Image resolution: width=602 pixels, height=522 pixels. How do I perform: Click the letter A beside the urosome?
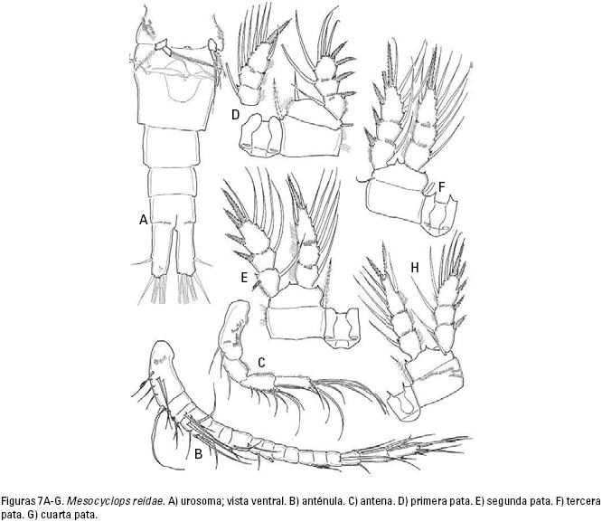click(x=143, y=220)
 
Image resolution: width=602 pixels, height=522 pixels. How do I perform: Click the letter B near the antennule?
click(x=198, y=454)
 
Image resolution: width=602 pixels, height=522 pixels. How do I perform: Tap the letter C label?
click(x=261, y=363)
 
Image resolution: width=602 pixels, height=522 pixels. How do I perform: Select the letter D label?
click(x=235, y=114)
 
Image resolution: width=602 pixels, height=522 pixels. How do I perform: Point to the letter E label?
click(x=244, y=277)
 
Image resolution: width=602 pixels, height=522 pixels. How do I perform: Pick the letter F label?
click(x=441, y=187)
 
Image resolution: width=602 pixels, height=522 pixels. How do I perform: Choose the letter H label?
click(x=414, y=268)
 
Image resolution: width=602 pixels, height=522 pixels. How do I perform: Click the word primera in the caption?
click(x=427, y=501)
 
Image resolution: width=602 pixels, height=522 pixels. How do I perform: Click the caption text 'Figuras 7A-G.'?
click(x=33, y=501)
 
